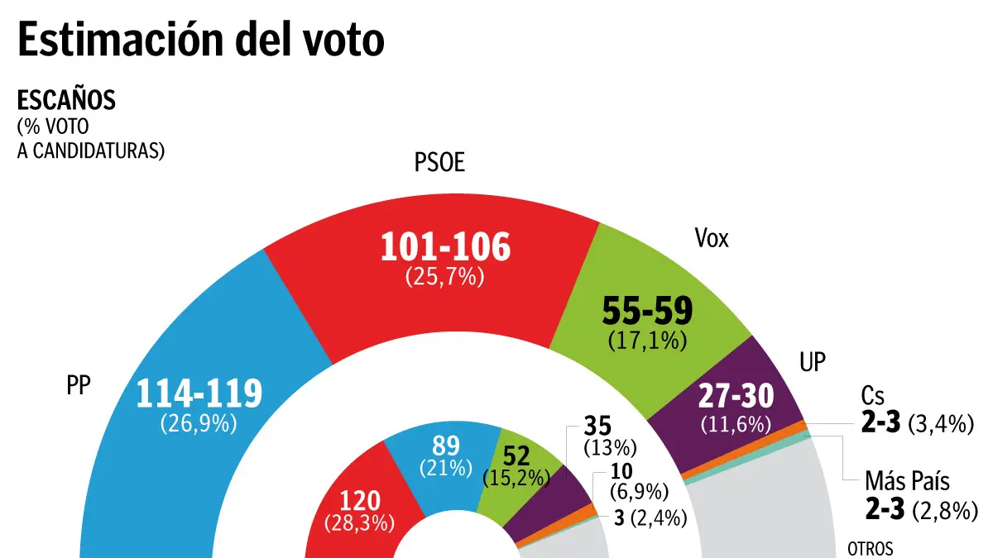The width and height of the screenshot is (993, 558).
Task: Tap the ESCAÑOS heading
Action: click(x=66, y=101)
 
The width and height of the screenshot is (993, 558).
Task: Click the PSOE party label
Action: click(x=439, y=164)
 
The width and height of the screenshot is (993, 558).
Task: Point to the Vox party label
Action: click(x=712, y=240)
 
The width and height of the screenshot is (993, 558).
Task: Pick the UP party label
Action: click(x=813, y=362)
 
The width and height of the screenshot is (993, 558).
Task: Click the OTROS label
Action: click(x=871, y=547)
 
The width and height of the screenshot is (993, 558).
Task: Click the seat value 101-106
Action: click(x=445, y=248)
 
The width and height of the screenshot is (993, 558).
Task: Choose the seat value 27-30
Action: click(x=735, y=398)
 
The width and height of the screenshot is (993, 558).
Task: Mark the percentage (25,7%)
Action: click(x=444, y=278)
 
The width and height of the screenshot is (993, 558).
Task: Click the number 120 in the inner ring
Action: click(x=359, y=501)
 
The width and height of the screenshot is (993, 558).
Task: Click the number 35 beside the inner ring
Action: click(x=598, y=427)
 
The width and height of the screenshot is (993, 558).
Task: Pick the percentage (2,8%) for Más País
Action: click(x=941, y=511)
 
